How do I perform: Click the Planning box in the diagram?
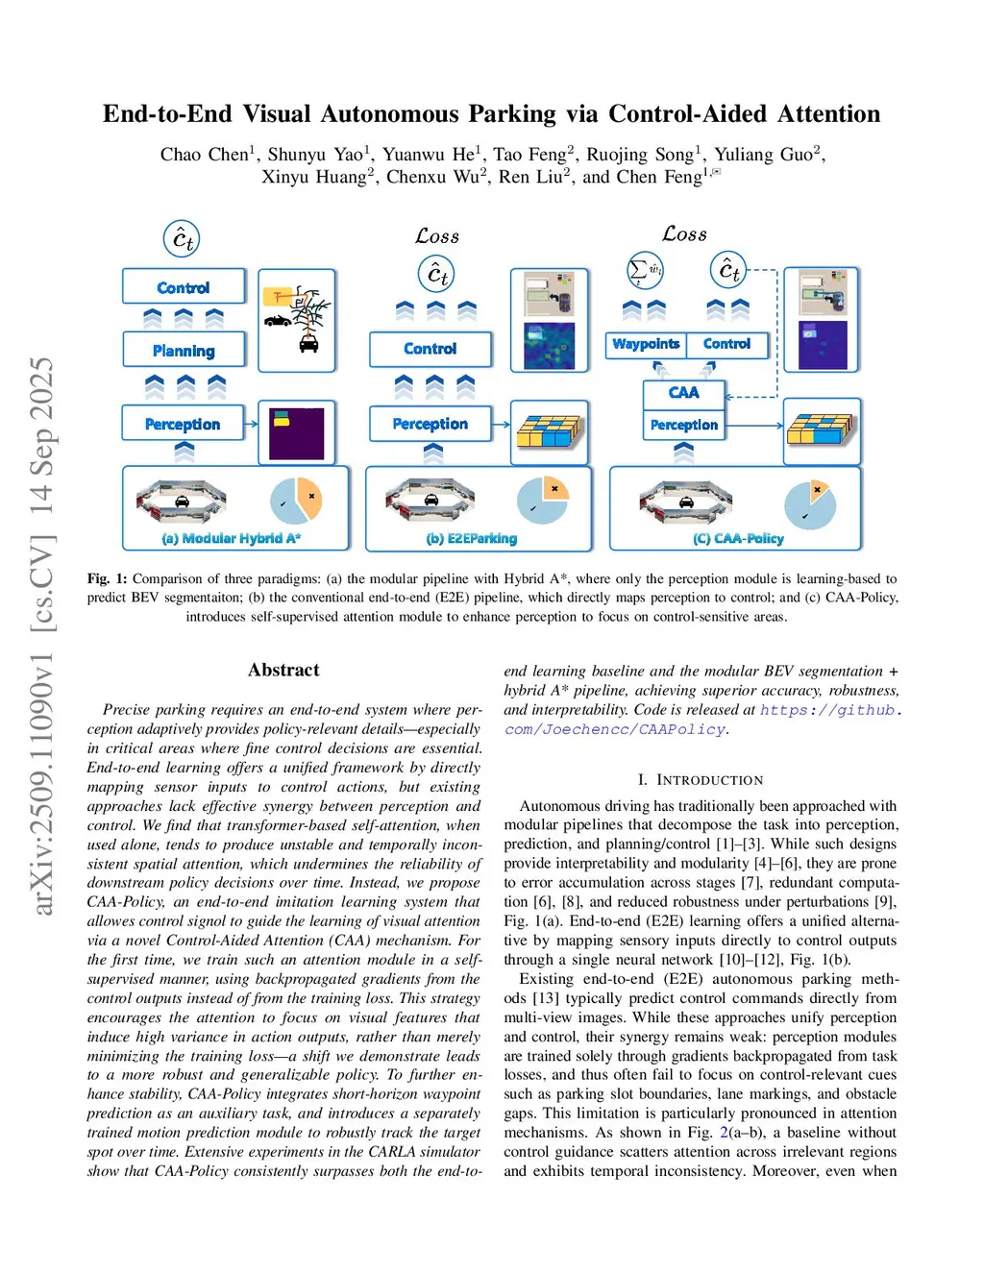click(x=184, y=351)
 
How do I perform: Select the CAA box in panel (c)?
click(x=683, y=392)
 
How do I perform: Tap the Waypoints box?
click(x=646, y=344)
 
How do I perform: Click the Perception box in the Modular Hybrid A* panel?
click(x=183, y=424)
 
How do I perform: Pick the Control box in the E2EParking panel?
click(x=430, y=349)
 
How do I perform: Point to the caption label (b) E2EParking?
click(x=472, y=539)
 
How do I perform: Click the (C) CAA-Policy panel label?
click(x=738, y=539)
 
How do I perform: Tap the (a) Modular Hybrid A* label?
click(x=231, y=539)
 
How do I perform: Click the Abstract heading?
click(x=283, y=671)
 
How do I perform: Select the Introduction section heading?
click(x=701, y=780)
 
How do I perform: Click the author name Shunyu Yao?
click(x=315, y=155)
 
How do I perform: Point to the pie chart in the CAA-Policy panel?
click(x=809, y=503)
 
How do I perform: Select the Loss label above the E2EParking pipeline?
click(x=437, y=236)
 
